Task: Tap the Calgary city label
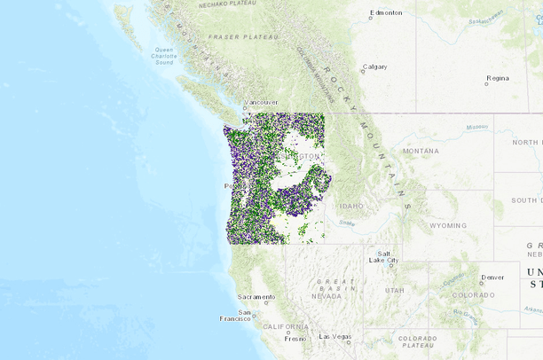(375, 67)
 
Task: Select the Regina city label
(498, 78)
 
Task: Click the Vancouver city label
(261, 102)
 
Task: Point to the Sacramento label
(256, 296)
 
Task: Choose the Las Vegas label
(336, 336)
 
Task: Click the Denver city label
(492, 277)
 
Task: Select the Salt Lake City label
(388, 257)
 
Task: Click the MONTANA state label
(421, 151)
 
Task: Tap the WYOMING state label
(448, 225)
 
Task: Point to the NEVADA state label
(326, 296)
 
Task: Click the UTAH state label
(395, 290)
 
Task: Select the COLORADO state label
(473, 294)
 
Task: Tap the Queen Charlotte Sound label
(164, 56)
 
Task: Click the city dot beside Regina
(486, 83)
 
